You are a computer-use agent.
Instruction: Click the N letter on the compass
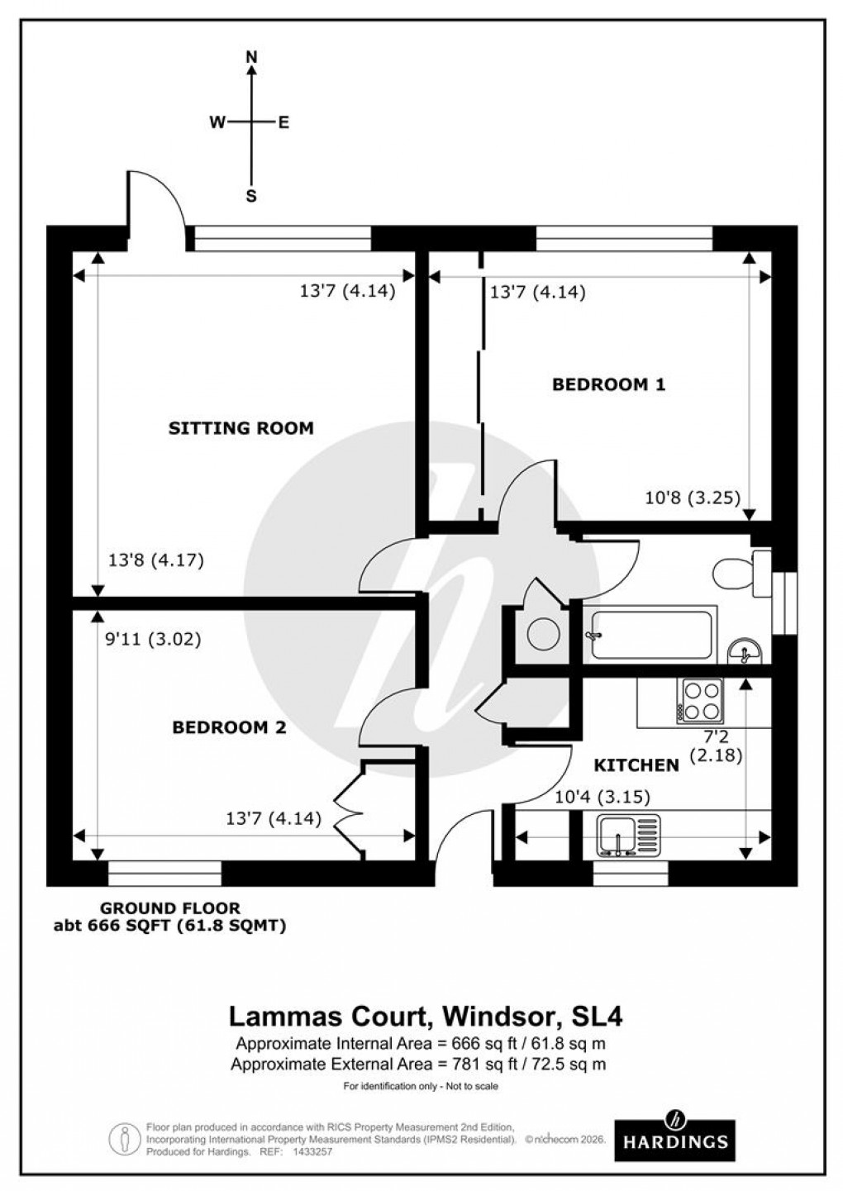point(252,57)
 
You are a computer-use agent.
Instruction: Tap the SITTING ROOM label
point(241,428)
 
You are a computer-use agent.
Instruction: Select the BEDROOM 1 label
point(608,384)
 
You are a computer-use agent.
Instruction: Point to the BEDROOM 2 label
point(229,727)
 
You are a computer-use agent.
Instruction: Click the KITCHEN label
point(636,765)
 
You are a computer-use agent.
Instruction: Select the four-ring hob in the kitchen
point(700,700)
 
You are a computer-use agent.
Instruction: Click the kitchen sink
point(628,834)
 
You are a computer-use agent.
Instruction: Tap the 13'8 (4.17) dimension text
point(156,560)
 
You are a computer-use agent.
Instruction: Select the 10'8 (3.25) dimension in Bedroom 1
point(692,498)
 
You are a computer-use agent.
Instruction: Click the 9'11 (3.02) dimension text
point(155,639)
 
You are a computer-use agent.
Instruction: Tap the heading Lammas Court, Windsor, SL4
point(421,1014)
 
